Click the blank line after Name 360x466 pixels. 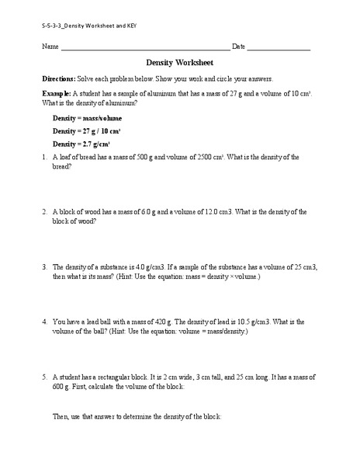point(145,49)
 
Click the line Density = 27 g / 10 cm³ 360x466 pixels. point(81,130)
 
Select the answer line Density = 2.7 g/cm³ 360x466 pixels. point(81,144)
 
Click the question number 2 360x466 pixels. point(46,211)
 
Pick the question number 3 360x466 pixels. point(46,266)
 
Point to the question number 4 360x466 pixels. point(46,321)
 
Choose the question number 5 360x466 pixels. point(46,375)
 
